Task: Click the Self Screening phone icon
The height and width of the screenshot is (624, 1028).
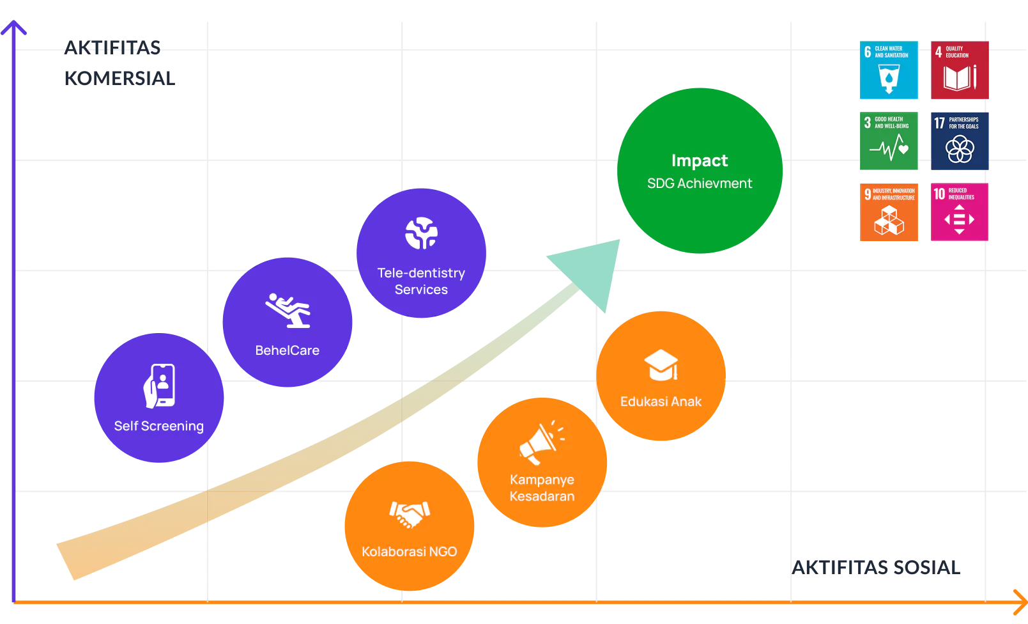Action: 160,386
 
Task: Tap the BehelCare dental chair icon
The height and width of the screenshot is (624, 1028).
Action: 288,311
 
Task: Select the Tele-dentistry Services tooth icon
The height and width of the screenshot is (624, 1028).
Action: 421,233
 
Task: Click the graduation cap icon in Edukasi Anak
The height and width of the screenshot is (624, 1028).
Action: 661,365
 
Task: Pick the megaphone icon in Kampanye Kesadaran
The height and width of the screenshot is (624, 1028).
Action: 541,443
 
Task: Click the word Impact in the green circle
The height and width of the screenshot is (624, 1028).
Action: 700,160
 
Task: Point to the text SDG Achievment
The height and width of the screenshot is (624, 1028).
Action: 700,183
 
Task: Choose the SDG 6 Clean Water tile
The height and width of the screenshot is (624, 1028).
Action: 889,71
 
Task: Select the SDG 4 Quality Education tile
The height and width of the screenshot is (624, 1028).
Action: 960,71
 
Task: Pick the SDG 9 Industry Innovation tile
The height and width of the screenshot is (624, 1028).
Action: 889,212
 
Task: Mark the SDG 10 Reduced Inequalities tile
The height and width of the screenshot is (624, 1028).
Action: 960,212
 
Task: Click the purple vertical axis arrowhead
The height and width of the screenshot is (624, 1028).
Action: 13,27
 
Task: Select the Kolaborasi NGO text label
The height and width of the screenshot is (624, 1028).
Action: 410,552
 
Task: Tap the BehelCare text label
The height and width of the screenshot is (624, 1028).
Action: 288,350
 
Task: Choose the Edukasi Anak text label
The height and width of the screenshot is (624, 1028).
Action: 661,402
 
